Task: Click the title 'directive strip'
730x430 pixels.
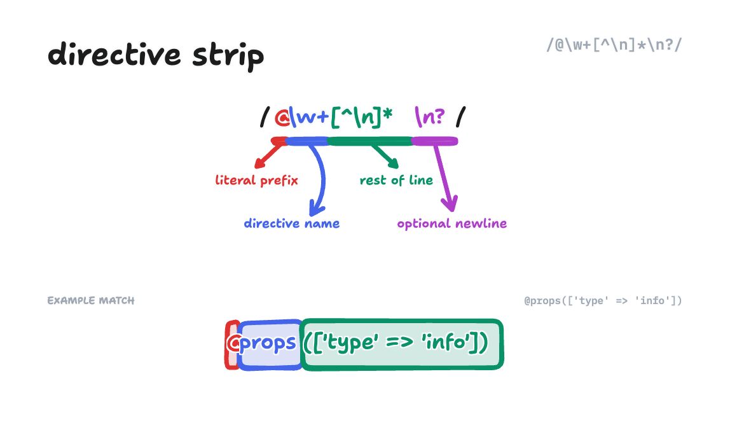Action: [156, 55]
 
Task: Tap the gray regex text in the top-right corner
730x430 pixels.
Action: [614, 45]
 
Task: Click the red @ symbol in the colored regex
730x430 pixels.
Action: [281, 118]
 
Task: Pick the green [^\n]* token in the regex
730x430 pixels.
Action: [362, 118]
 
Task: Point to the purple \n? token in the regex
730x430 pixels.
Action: [430, 118]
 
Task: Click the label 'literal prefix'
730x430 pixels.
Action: [257, 180]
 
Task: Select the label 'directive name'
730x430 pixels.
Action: [291, 223]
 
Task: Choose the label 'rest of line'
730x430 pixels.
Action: [396, 180]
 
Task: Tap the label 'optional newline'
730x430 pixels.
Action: [451, 223]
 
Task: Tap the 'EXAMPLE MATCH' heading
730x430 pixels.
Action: [91, 300]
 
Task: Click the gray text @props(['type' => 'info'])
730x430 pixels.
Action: [603, 300]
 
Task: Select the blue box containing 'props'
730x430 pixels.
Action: [270, 344]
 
